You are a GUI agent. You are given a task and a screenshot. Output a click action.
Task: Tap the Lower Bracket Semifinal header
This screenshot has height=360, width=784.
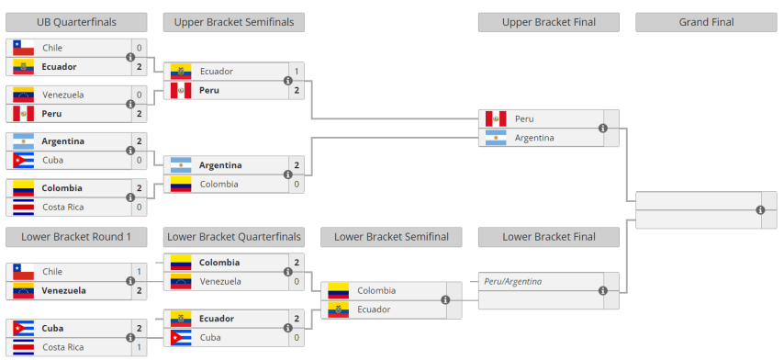click(x=391, y=237)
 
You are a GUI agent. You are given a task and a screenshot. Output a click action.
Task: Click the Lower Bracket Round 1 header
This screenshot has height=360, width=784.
click(x=76, y=237)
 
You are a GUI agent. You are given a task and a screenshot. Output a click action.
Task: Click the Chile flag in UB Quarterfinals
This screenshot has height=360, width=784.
click(x=24, y=48)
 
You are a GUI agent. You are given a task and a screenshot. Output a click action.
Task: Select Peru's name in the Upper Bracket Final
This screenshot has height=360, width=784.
click(x=524, y=119)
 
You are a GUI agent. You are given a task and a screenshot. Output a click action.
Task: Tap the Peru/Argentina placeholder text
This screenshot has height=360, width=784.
click(x=513, y=281)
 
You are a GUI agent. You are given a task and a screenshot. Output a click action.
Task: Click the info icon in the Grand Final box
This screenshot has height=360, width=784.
click(x=760, y=210)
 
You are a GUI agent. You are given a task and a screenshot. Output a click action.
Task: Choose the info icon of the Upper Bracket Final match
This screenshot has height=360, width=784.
click(x=603, y=129)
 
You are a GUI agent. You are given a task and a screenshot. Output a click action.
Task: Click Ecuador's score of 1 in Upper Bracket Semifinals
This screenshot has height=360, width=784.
click(x=297, y=72)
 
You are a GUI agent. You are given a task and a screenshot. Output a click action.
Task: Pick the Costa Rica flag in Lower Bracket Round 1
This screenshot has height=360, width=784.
click(x=24, y=347)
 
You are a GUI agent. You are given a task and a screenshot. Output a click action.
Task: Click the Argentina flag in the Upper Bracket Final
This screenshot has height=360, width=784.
click(x=496, y=138)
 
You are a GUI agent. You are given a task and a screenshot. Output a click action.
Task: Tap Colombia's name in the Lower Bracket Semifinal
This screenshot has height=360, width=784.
click(x=376, y=291)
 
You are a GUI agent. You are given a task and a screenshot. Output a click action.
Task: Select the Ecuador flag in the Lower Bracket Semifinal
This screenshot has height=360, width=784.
click(x=339, y=309)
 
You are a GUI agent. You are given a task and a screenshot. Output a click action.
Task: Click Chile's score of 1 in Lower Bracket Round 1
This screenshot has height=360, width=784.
click(x=139, y=272)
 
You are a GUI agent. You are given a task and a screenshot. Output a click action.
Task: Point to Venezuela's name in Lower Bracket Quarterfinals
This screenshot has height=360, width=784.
click(x=220, y=281)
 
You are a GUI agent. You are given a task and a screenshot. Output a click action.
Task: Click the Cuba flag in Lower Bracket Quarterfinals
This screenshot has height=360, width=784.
click(x=181, y=338)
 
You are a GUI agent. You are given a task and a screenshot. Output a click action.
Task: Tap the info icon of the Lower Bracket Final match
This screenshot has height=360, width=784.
click(x=603, y=291)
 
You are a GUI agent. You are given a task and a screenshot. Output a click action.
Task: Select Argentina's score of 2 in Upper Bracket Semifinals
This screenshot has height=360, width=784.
click(x=297, y=165)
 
